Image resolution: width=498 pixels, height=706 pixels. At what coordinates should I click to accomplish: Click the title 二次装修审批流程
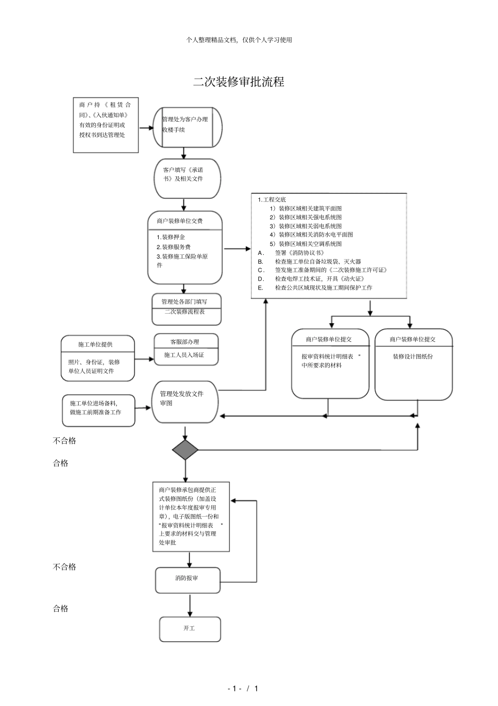239,82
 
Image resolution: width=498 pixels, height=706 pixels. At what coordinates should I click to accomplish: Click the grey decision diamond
185,450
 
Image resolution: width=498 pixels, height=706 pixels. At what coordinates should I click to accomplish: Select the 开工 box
190,629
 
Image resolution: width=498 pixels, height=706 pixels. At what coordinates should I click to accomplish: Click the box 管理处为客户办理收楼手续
184,127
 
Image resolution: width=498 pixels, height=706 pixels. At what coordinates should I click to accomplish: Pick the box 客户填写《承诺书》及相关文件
187,178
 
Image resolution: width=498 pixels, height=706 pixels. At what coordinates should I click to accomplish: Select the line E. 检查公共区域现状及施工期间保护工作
315,288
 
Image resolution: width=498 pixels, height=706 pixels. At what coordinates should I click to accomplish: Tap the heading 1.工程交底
272,200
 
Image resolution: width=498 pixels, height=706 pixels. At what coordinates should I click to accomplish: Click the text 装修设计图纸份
413,357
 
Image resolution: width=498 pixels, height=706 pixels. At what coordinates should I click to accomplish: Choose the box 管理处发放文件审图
185,402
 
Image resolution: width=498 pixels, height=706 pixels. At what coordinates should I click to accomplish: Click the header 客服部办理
185,342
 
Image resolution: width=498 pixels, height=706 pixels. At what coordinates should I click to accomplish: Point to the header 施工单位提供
95,345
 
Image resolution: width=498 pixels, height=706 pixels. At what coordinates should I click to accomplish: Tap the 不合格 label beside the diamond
64,441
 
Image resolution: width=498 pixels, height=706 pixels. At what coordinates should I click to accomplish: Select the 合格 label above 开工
61,608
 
